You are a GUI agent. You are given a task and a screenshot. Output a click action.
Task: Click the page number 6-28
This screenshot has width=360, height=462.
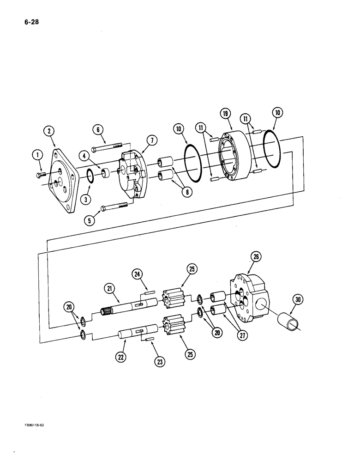[x=26, y=21]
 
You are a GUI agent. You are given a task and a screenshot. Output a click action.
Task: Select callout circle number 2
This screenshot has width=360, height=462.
[x=49, y=132]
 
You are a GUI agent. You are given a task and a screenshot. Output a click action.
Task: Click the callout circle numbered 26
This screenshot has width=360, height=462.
[x=255, y=256]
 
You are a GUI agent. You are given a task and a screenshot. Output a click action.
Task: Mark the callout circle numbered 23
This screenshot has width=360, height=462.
[x=159, y=362]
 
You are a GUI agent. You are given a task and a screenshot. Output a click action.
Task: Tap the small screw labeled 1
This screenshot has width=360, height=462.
[x=41, y=174]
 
